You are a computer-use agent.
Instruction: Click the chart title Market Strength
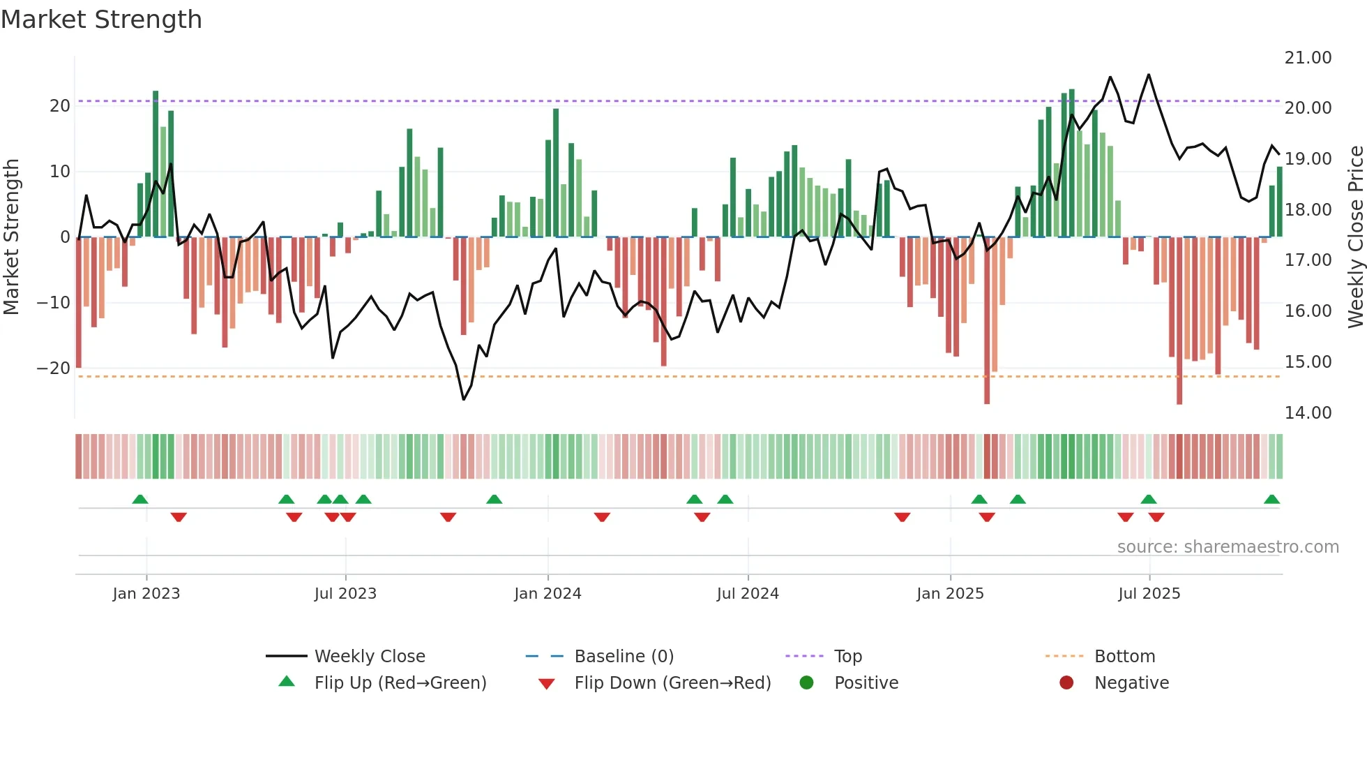click(x=102, y=20)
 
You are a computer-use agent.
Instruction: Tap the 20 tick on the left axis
click(x=60, y=106)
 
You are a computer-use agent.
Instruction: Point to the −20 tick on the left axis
click(x=54, y=368)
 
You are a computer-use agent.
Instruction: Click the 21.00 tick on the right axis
click(x=1308, y=58)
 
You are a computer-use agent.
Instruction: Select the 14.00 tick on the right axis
click(x=1308, y=413)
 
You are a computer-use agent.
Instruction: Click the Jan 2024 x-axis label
click(x=547, y=594)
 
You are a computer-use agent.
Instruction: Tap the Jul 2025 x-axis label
click(x=1149, y=594)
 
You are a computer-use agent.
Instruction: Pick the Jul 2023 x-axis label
click(x=345, y=594)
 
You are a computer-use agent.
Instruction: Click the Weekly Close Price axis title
click(x=1355, y=237)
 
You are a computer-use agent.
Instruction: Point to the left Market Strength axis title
click(x=12, y=237)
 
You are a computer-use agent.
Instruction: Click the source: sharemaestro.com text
click(x=1228, y=547)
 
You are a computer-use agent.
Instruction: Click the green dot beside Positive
click(x=807, y=682)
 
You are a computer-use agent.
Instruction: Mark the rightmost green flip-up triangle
click(x=1271, y=500)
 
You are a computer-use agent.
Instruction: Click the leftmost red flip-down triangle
click(x=179, y=517)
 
